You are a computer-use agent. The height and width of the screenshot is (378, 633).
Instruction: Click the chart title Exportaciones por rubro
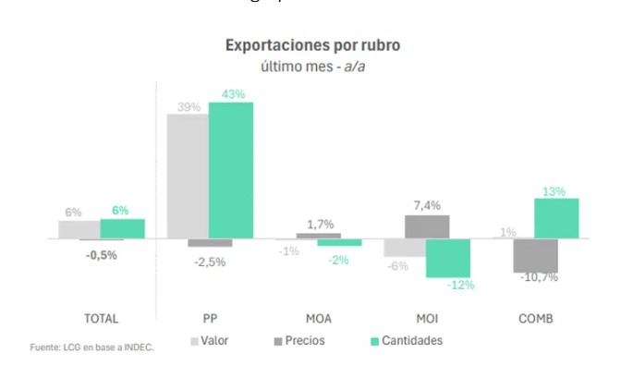pos(313,45)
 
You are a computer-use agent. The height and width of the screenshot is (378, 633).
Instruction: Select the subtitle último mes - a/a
pos(313,66)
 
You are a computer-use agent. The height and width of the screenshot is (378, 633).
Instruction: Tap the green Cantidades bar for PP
pos(230,170)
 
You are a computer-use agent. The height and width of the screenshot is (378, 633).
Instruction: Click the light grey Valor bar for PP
pos(187,177)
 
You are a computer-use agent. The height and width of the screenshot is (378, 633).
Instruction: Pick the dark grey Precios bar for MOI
pos(426,226)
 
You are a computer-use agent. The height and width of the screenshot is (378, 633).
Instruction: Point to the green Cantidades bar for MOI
pos(448,258)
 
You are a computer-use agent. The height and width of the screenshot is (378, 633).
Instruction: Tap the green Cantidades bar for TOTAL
pos(122,228)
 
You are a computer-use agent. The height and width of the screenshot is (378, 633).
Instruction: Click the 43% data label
pos(232,93)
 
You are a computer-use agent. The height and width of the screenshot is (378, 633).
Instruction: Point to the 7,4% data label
pos(426,205)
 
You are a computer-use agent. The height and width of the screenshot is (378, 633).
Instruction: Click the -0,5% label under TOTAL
pos(102,255)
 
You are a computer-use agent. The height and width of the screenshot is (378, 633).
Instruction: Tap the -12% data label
pos(460,285)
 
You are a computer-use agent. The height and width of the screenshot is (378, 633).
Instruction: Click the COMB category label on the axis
pos(535,318)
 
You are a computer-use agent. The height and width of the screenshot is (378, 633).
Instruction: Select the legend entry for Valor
pos(210,341)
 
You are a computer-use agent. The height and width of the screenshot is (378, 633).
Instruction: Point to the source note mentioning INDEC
pos(91,348)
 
